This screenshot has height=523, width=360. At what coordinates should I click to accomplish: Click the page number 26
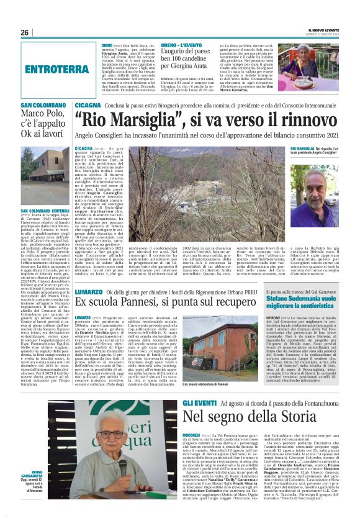click(24, 32)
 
